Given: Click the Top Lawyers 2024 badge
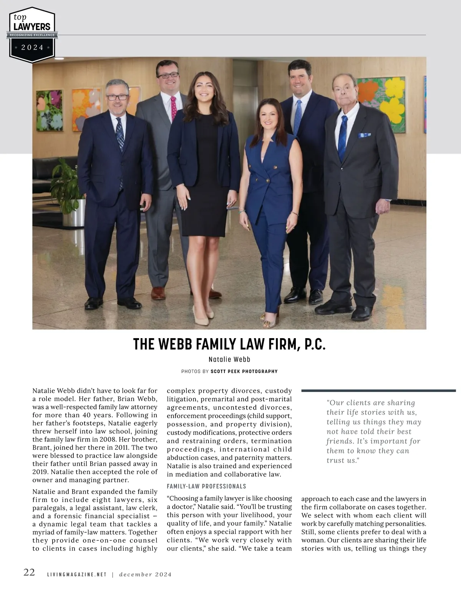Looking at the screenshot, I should pos(32,35).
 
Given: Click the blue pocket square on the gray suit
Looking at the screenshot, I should pos(364,135).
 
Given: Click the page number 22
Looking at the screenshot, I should pos(29,573).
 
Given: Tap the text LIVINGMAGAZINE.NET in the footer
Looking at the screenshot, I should pos(77,575).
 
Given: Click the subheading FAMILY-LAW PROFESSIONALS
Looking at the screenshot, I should pos(206,486).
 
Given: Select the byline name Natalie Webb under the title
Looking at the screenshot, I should pos(229,359).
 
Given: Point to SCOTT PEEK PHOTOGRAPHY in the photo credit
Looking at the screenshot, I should pos(244,372).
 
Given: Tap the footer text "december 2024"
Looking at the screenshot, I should pos(145,575).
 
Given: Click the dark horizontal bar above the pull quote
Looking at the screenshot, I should pos(378,391).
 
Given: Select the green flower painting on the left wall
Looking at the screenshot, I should pos(49,110).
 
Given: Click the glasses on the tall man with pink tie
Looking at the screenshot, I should pos(168,75).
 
